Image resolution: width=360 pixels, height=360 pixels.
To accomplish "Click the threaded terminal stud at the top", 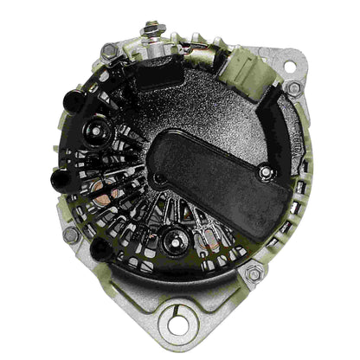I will point(152,29).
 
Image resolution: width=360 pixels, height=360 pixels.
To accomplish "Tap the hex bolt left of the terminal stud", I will point(109,52).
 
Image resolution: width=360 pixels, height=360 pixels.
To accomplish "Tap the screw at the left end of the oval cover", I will point(158,178).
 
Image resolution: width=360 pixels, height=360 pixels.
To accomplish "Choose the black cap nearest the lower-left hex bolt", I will point(100,251).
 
